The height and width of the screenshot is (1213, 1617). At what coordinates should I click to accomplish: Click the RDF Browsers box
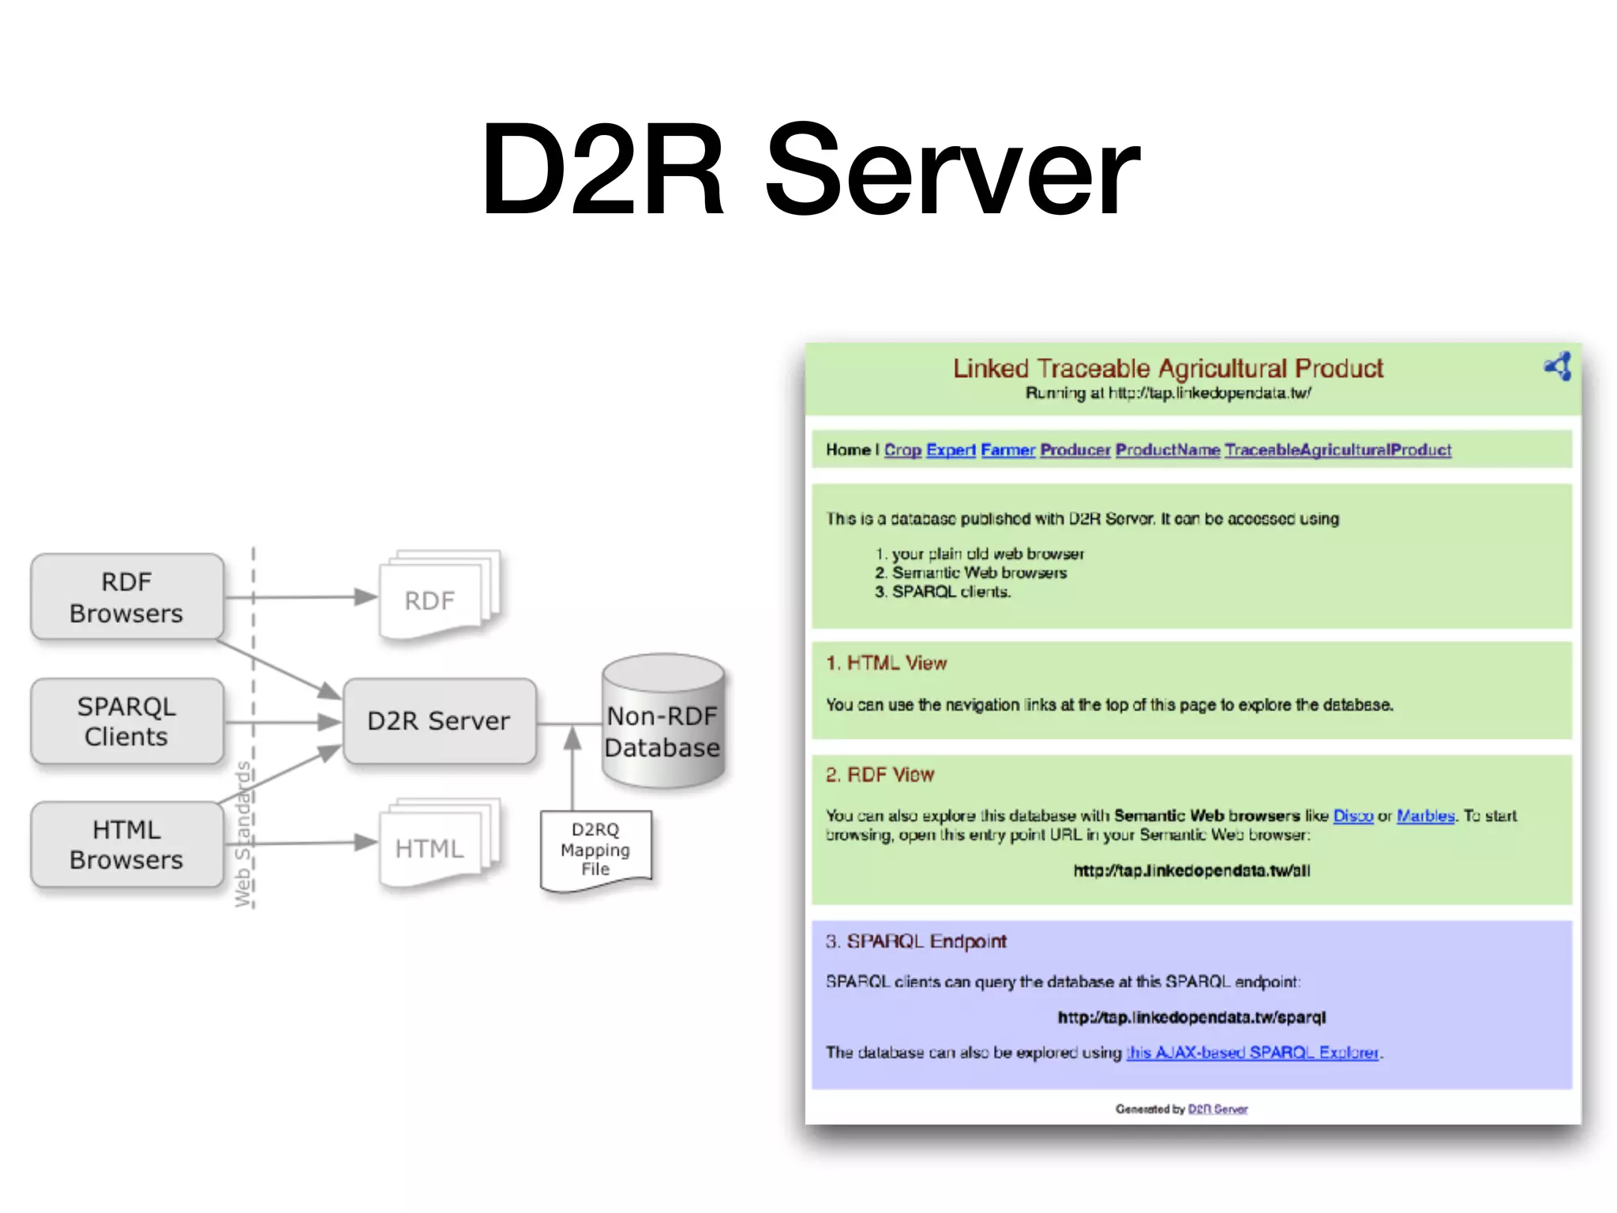126,597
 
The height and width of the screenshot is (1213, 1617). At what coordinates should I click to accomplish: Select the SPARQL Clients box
126,721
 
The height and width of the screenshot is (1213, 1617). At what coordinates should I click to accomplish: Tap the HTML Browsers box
126,844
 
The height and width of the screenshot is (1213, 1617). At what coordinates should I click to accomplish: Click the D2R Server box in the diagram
439,721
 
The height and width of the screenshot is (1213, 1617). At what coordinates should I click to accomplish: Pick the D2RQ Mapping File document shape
595,850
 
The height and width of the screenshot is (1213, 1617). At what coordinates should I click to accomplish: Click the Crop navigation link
902,450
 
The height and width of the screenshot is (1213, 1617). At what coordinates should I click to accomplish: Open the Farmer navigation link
1007,450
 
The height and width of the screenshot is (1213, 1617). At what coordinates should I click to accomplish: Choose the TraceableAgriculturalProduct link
1337,450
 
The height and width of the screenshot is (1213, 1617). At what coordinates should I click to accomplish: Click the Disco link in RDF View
1353,816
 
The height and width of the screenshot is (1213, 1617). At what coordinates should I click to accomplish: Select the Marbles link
1425,816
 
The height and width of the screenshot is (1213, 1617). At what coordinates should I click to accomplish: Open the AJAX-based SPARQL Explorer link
1252,1053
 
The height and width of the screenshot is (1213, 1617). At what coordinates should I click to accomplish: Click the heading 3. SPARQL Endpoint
916,941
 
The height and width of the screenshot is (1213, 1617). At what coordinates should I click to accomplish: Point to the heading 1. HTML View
886,663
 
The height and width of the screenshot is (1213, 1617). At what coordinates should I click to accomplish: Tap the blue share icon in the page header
1558,366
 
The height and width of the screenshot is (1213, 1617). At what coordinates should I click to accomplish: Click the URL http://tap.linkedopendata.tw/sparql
1191,1017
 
